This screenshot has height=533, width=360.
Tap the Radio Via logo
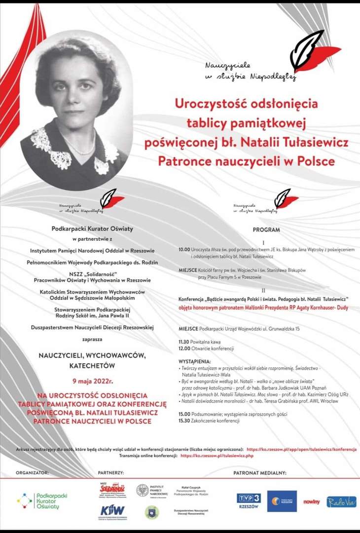pyautogui.click(x=341, y=501)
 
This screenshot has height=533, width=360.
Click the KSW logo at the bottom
pyautogui.click(x=113, y=510)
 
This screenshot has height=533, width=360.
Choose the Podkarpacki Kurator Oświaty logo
pyautogui.click(x=43, y=501)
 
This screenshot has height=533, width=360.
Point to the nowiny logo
pyautogui.click(x=312, y=502)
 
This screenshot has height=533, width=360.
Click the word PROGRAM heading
pyautogui.click(x=266, y=230)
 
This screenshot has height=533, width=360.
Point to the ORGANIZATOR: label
pyautogui.click(x=33, y=473)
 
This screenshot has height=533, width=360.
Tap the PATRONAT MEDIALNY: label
pyautogui.click(x=260, y=473)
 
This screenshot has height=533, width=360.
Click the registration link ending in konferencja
pyautogui.click(x=301, y=450)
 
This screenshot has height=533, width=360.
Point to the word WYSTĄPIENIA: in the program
pyautogui.click(x=195, y=361)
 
